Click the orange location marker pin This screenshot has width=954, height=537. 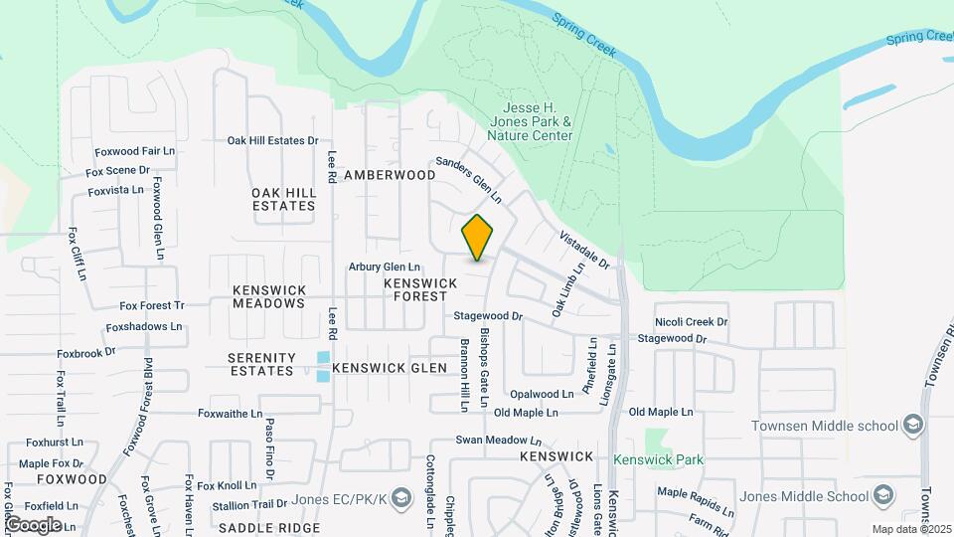tap(478, 237)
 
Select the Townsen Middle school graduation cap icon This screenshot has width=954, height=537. tap(913, 426)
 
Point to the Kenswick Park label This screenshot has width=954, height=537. tap(657, 459)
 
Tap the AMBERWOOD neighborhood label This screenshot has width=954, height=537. tap(390, 175)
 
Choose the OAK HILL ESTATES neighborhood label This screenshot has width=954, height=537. tap(283, 199)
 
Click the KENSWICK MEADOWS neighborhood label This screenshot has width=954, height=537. tap(268, 296)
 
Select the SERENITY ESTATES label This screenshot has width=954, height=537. tap(261, 364)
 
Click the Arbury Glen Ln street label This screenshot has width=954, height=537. tap(384, 268)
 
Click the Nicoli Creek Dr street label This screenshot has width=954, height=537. tap(691, 322)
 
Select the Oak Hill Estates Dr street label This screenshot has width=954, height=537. tap(272, 141)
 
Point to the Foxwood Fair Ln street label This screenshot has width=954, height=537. tap(134, 152)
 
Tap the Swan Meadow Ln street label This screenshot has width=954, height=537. tap(498, 440)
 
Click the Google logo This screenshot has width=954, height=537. tap(33, 525)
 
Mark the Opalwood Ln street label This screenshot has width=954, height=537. tap(541, 395)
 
